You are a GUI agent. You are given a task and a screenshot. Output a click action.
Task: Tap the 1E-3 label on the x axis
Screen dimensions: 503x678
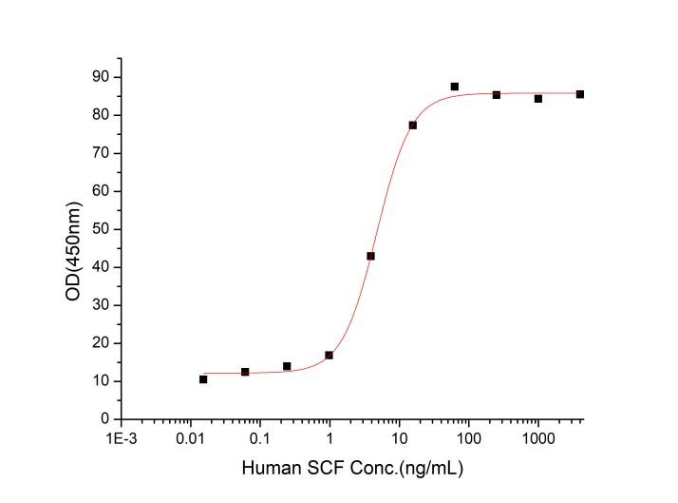click(x=121, y=439)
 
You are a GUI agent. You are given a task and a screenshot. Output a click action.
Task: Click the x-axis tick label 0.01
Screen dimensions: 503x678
click(x=190, y=439)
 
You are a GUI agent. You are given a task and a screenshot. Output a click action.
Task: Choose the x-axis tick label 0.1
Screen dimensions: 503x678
click(x=259, y=439)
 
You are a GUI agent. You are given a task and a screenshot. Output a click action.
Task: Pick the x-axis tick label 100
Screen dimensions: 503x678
click(x=468, y=439)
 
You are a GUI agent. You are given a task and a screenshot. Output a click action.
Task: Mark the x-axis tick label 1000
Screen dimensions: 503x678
click(x=537, y=439)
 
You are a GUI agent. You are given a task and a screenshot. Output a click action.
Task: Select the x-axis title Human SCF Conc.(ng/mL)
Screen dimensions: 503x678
click(x=352, y=469)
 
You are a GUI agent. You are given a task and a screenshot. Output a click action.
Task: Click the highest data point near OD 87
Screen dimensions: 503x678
click(x=455, y=87)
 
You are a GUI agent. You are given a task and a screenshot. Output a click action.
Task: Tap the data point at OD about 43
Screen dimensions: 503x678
click(x=371, y=256)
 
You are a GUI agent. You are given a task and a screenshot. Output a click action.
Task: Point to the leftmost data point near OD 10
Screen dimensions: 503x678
click(x=203, y=379)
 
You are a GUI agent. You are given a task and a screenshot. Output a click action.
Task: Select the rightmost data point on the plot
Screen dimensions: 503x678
click(x=580, y=94)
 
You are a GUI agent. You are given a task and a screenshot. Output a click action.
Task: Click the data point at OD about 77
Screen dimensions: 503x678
click(x=413, y=125)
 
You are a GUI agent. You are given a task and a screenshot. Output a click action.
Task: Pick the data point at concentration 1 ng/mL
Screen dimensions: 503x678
click(x=329, y=356)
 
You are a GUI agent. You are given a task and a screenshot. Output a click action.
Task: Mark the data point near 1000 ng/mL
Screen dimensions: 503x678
click(x=538, y=99)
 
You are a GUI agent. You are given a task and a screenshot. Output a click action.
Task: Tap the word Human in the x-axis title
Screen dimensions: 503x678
click(x=268, y=469)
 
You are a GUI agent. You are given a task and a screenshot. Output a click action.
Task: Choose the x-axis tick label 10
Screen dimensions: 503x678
click(x=399, y=439)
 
